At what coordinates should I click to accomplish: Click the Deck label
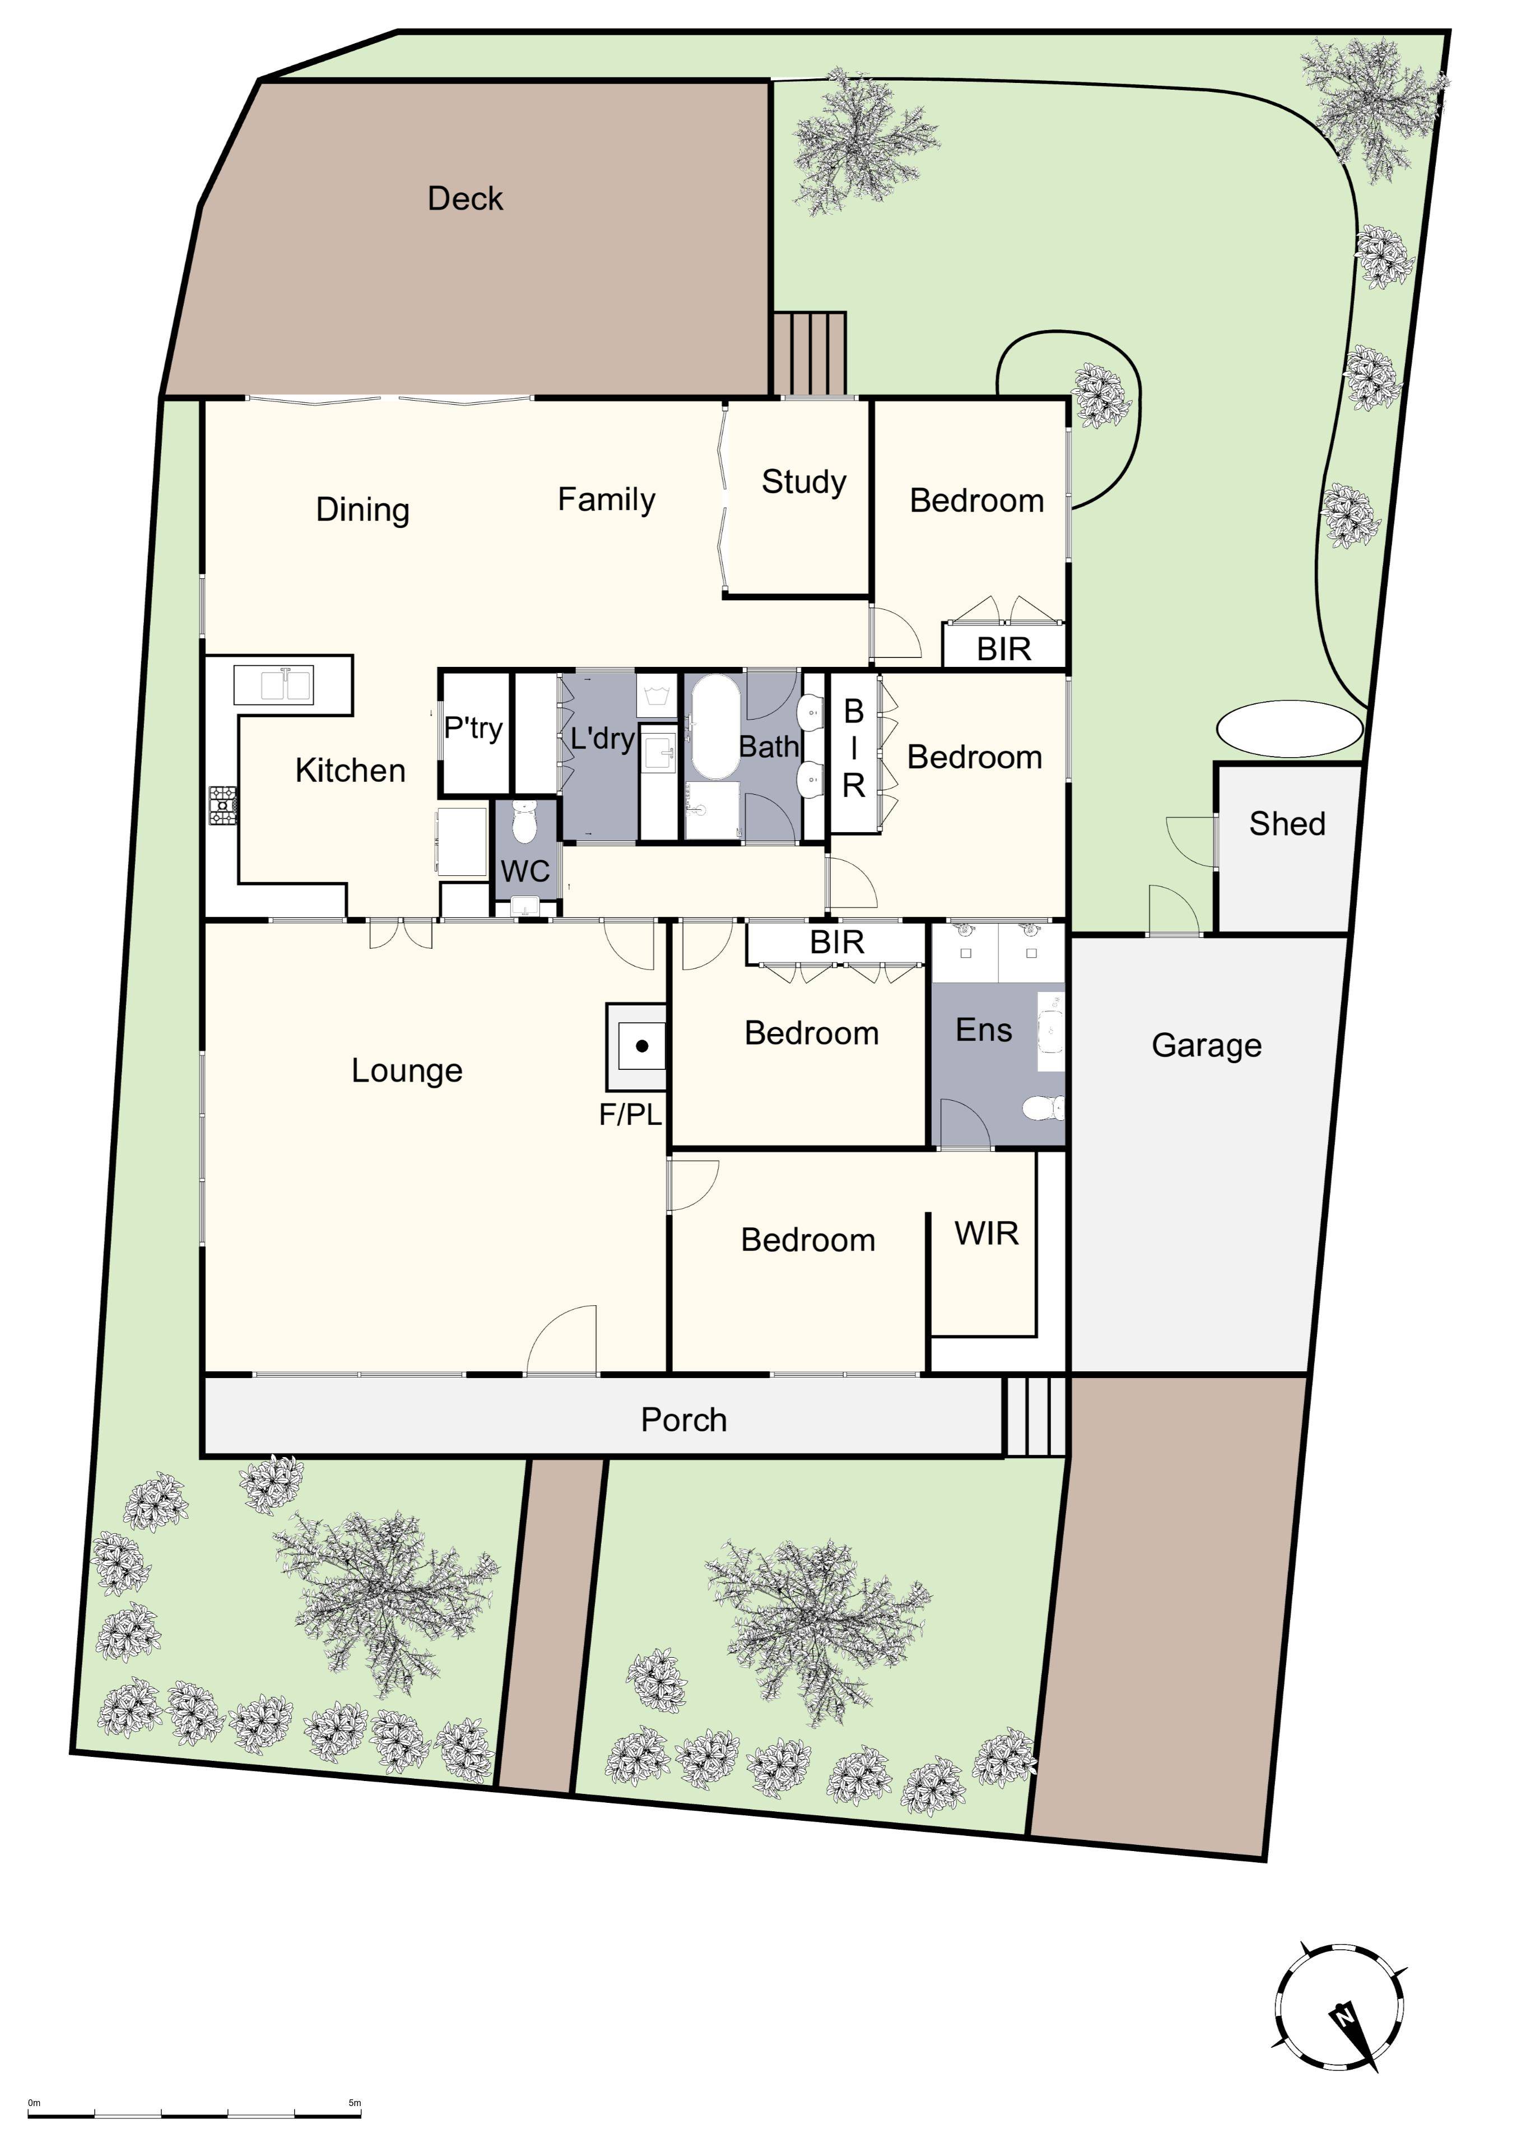pyautogui.click(x=465, y=199)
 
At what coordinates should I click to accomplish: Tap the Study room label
pyautogui.click(x=804, y=482)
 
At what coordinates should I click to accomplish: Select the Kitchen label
pyautogui.click(x=351, y=771)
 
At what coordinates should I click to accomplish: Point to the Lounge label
pyautogui.click(x=407, y=1070)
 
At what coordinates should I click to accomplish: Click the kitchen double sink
pyautogui.click(x=273, y=685)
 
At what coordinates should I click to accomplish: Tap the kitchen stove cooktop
pyautogui.click(x=223, y=806)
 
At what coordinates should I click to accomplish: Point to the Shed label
pyautogui.click(x=1287, y=824)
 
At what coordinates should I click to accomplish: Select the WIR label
pyautogui.click(x=987, y=1233)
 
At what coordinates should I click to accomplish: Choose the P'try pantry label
pyautogui.click(x=473, y=729)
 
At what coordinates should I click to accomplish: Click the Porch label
pyautogui.click(x=684, y=1420)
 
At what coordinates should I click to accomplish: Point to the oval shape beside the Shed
pyautogui.click(x=1290, y=729)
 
